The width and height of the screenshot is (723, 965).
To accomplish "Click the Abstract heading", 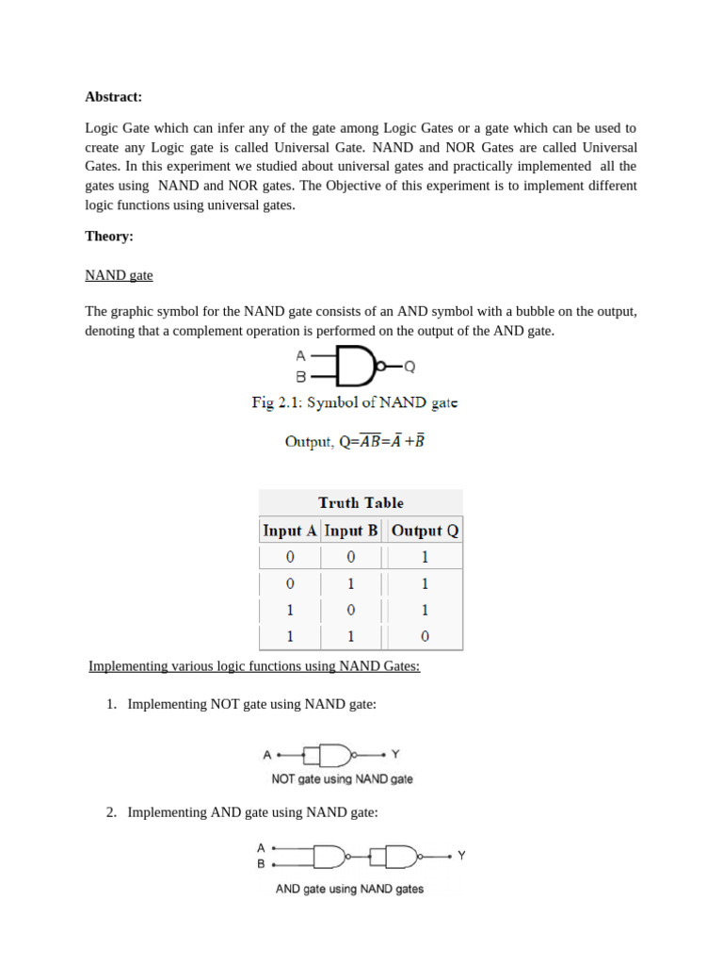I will click(x=113, y=96).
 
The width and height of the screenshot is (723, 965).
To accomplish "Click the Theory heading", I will click(x=109, y=237).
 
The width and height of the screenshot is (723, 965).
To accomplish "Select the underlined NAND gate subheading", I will click(x=119, y=275).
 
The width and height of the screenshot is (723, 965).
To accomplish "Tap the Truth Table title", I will click(x=361, y=502).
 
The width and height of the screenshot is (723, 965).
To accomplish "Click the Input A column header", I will click(x=289, y=531).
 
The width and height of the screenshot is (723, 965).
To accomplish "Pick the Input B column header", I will click(x=351, y=531).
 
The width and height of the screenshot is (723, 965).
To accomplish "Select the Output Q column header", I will click(x=425, y=531).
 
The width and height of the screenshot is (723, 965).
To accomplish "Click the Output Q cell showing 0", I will click(x=425, y=636).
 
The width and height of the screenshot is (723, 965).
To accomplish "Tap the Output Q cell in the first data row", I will click(x=425, y=557).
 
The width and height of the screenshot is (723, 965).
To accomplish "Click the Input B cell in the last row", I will click(x=351, y=636).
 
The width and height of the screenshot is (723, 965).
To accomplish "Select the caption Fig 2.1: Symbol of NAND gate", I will click(x=354, y=402).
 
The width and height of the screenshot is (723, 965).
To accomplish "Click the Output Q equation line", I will click(x=354, y=441).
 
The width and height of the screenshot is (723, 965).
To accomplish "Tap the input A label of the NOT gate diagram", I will click(x=267, y=755).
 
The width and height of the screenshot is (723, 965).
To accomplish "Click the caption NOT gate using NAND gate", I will click(x=342, y=779).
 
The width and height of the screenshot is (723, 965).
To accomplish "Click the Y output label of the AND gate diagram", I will click(x=461, y=856).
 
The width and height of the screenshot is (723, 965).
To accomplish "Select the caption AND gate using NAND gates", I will click(x=349, y=889).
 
